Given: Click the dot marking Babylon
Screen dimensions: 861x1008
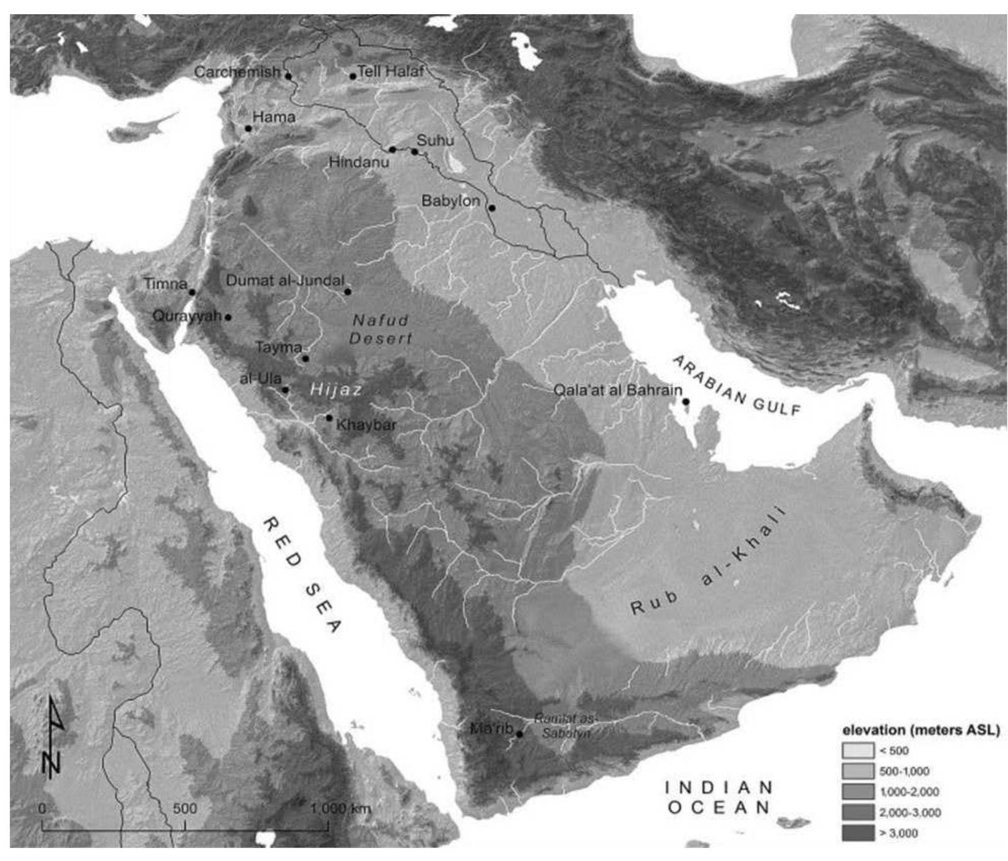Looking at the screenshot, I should (x=492, y=208).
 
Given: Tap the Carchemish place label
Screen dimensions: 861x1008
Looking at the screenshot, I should (x=237, y=72).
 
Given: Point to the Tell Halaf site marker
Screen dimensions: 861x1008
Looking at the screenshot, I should (x=353, y=76).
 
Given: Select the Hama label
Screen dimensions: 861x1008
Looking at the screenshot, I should (x=274, y=117).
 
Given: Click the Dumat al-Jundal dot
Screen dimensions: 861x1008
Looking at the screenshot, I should (x=348, y=291).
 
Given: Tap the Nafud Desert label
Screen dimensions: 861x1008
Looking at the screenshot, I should (x=380, y=329).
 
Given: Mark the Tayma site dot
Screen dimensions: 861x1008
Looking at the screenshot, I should (x=305, y=358).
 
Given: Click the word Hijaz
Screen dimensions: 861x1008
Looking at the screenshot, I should (x=335, y=390).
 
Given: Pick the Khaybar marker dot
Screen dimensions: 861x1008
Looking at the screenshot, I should (x=329, y=418).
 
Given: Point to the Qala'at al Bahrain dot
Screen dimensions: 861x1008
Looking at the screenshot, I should (x=686, y=401).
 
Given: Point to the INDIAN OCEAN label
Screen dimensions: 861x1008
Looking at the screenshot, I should (x=719, y=797).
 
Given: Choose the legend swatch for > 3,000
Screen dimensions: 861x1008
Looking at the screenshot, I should (x=857, y=833).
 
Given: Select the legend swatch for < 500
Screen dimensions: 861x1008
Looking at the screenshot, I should (x=857, y=751).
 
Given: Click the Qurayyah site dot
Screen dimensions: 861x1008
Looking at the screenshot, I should (x=228, y=317).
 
